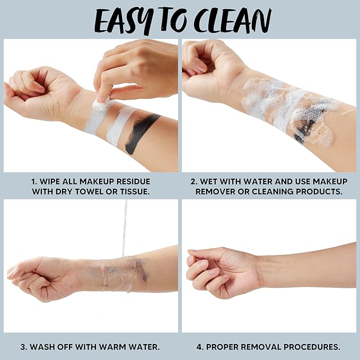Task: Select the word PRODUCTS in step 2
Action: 319,192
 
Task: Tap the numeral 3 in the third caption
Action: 22,347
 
